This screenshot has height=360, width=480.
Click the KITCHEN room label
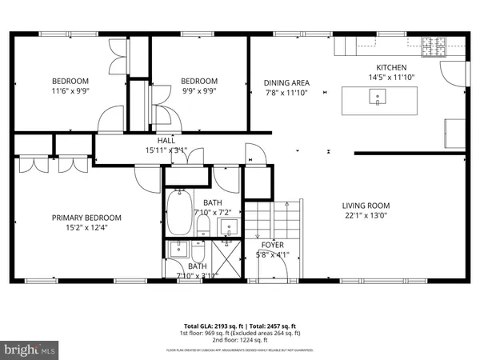(392, 68)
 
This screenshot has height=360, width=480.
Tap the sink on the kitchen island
(376, 98)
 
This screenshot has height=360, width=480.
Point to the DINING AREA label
(286, 82)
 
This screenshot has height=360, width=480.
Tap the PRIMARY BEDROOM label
(86, 218)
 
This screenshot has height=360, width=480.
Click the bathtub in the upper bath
(180, 213)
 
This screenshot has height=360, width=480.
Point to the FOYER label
(273, 245)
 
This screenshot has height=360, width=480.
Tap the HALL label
(166, 140)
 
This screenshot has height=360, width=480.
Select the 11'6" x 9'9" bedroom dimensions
(70, 90)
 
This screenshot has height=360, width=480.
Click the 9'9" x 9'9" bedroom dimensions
(198, 90)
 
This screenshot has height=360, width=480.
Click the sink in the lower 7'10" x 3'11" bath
(178, 248)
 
